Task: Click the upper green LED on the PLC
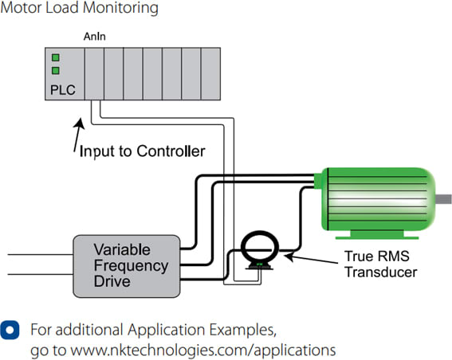point(56,57)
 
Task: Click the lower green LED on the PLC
point(56,71)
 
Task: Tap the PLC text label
point(63,90)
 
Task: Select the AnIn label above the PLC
point(95,37)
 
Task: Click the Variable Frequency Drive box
point(127,266)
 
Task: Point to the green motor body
point(378,199)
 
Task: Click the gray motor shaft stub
point(443,199)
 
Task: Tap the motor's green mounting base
point(377,235)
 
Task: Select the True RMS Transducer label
point(381,264)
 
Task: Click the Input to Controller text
point(142,151)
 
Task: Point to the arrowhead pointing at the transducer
point(289,255)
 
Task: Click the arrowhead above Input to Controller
point(80,123)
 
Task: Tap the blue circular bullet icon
point(10,330)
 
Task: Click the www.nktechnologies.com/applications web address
point(203,350)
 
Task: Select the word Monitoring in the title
point(120,8)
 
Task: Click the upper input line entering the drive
point(41,255)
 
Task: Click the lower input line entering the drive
point(41,274)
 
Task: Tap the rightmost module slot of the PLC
point(210,74)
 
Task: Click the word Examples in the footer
point(242,330)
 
